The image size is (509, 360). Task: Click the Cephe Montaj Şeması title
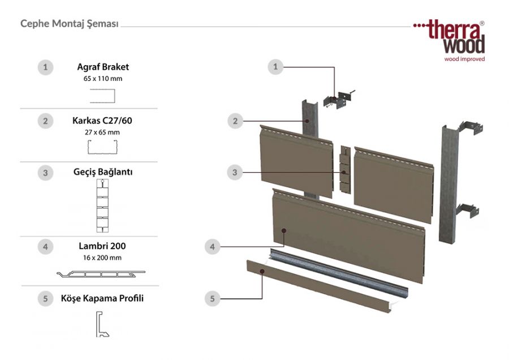click(x=69, y=24)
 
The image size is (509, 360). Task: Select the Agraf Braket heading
click(x=103, y=67)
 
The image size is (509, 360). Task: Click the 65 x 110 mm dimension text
click(x=103, y=79)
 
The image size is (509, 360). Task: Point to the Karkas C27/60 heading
click(x=103, y=120)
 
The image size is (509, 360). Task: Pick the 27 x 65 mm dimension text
click(x=103, y=132)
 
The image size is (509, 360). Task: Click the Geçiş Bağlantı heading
click(x=103, y=172)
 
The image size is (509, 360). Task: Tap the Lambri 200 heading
click(x=102, y=246)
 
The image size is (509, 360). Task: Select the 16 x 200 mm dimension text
click(x=102, y=258)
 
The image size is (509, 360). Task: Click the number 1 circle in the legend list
click(x=45, y=67)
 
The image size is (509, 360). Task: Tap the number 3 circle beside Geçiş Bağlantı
click(x=45, y=173)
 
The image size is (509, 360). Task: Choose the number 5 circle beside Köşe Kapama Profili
click(x=45, y=298)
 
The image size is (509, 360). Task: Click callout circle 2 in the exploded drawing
click(x=235, y=121)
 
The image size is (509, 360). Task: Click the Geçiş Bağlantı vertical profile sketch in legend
click(x=102, y=207)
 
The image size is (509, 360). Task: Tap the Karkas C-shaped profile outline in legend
click(x=102, y=148)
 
